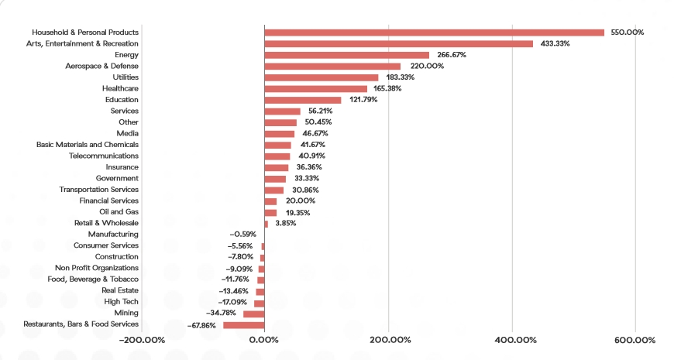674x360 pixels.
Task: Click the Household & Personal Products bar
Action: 434,33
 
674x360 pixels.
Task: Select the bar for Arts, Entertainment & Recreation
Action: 398,43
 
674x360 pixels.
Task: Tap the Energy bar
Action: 346,55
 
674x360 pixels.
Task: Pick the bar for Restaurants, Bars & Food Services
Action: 243,325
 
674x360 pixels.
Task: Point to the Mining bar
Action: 253,314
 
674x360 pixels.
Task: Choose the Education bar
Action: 302,100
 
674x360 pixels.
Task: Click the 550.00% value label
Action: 627,33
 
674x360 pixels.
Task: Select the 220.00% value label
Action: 426,67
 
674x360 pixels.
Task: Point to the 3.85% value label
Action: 285,223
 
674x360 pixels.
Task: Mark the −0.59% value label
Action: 242,235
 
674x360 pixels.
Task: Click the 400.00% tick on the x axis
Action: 513,340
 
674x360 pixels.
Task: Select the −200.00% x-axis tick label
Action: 142,340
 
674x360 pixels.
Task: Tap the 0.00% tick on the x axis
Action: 264,340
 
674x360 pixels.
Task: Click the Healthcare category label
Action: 120,89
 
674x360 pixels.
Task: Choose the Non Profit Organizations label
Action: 97,268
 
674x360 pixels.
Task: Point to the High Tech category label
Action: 122,302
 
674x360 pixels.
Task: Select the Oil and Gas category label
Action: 119,212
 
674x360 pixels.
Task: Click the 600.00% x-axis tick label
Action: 636,340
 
